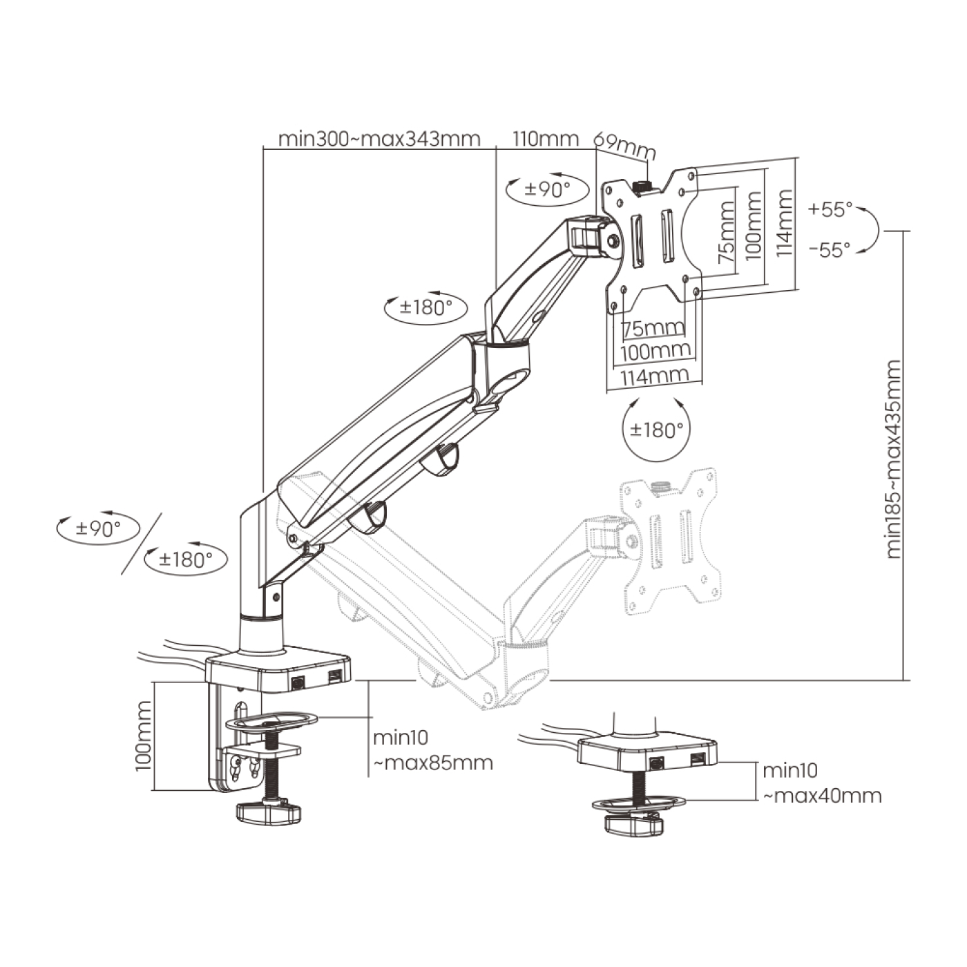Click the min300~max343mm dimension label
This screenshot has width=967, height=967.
379,139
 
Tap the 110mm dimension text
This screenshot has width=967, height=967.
546,139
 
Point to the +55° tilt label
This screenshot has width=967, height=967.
831,209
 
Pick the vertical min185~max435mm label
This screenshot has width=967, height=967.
894,459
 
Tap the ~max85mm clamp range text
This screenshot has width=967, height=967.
433,763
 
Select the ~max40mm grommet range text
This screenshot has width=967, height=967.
822,795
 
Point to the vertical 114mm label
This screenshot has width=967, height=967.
784,224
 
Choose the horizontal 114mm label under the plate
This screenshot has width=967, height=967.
654,377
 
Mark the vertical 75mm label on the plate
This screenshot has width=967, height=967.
726,233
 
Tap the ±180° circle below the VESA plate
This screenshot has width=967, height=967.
656,430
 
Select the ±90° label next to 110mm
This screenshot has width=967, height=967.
547,189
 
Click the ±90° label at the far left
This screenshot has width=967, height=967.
98,529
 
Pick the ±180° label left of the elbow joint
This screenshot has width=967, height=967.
425,307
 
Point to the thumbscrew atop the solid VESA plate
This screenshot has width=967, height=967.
642,186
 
